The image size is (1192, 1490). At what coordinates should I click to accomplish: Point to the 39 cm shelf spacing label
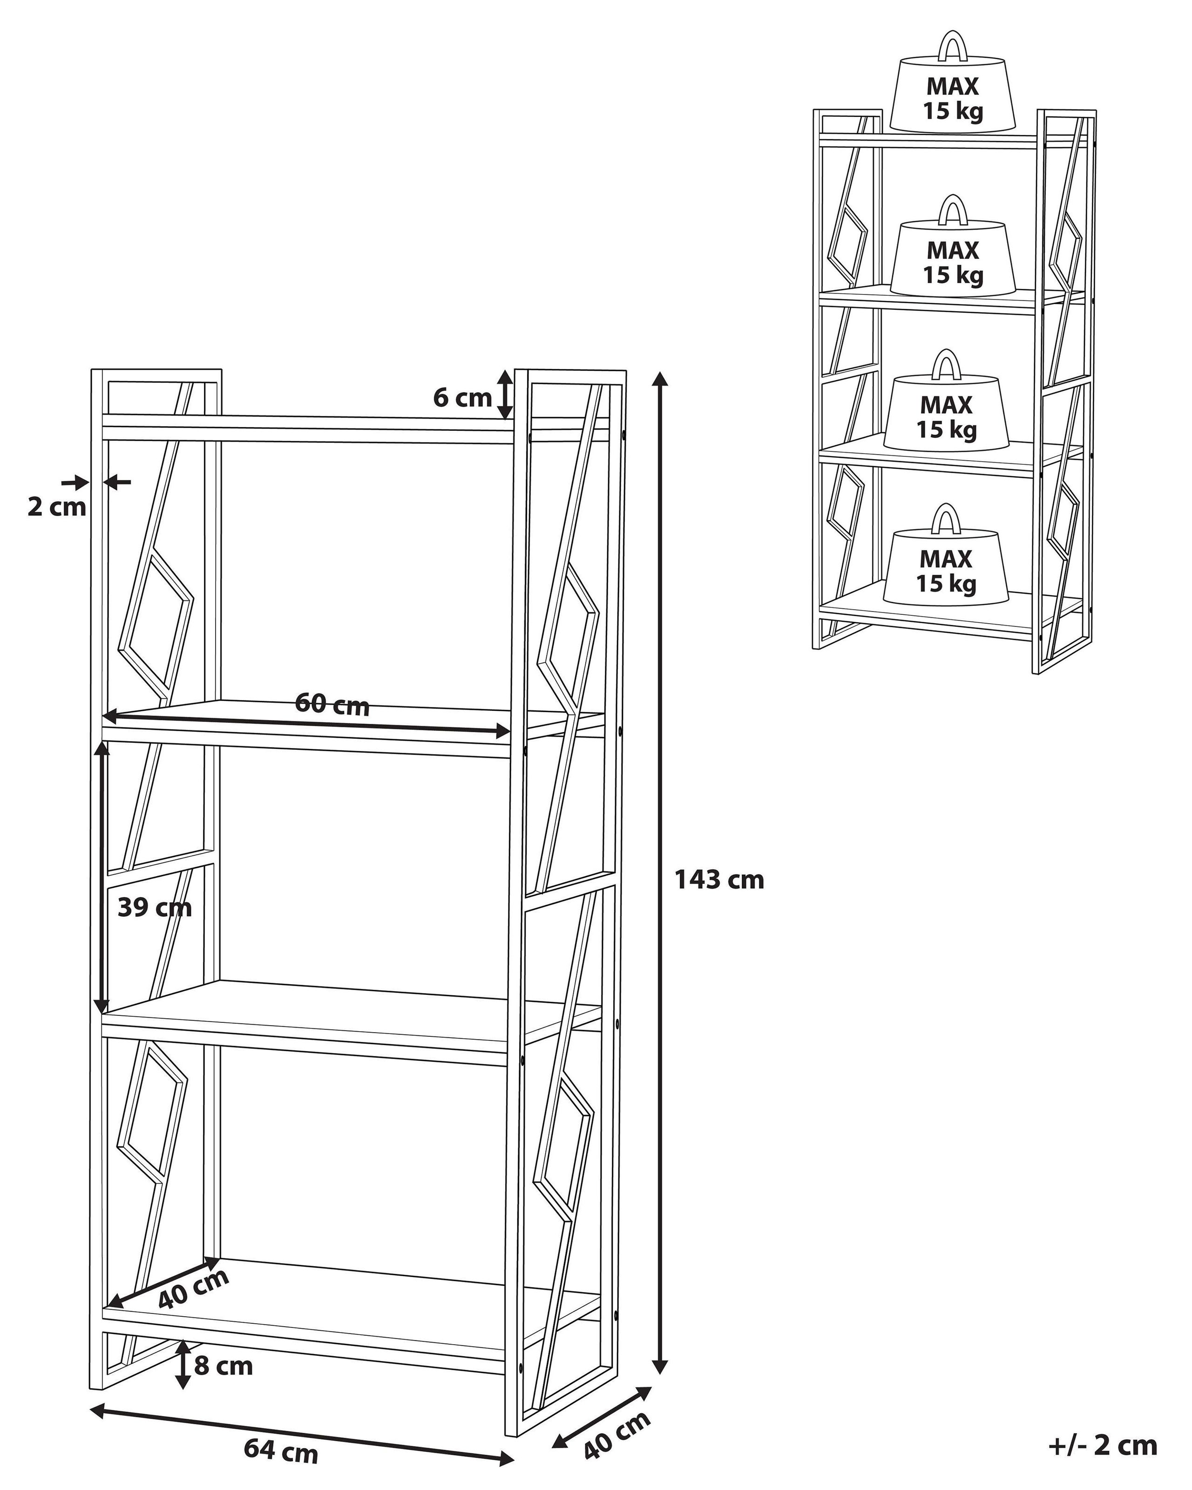click(154, 907)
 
